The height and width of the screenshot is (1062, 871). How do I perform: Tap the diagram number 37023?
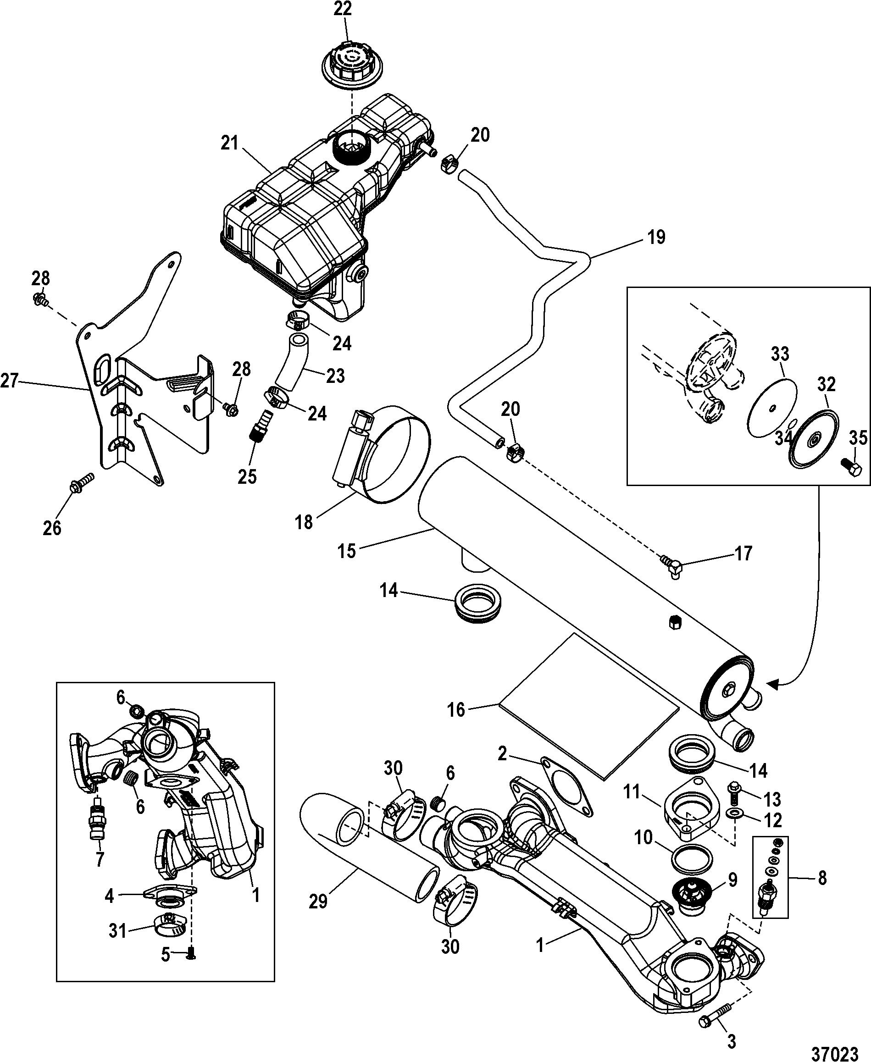tap(834, 1045)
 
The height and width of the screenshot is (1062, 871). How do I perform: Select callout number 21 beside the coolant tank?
tap(229, 144)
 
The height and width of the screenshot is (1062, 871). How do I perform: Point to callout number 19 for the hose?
tap(656, 237)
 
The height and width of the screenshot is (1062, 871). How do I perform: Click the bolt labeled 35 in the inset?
tap(851, 469)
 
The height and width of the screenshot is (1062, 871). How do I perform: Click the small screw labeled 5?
tap(191, 956)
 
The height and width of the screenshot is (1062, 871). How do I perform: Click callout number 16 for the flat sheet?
tap(456, 710)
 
